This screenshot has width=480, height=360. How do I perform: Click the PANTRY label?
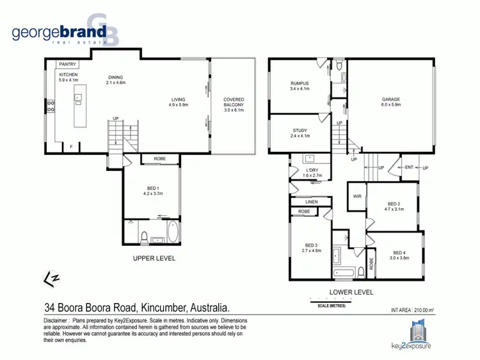point(68,65)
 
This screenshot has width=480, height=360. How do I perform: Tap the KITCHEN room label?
point(68,75)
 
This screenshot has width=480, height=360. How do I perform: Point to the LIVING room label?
point(178,99)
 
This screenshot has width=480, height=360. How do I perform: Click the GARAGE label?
point(391,100)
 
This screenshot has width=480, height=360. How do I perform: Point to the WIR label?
point(357,197)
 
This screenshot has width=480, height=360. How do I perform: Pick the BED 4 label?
point(399,255)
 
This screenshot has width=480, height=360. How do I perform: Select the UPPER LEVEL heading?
point(154,259)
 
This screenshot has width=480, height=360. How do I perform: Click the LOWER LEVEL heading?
point(351,292)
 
